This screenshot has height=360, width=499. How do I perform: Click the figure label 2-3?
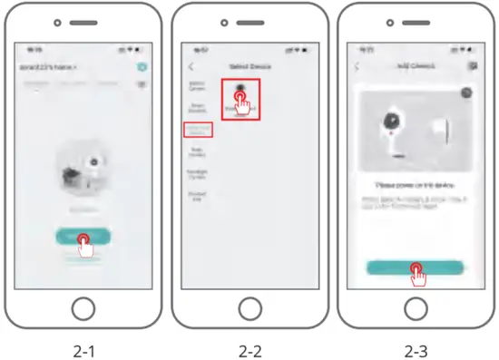point(415,347)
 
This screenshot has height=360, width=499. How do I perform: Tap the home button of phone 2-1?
point(83,308)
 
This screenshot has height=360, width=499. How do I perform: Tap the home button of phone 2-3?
point(415,308)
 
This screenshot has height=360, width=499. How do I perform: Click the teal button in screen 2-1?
point(83,237)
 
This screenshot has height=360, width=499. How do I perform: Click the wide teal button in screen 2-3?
point(415,268)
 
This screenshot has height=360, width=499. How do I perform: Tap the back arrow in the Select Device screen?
point(191,67)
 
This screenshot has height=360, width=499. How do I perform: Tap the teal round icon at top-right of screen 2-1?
point(142,67)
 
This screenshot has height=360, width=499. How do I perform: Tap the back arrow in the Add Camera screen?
point(357,67)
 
